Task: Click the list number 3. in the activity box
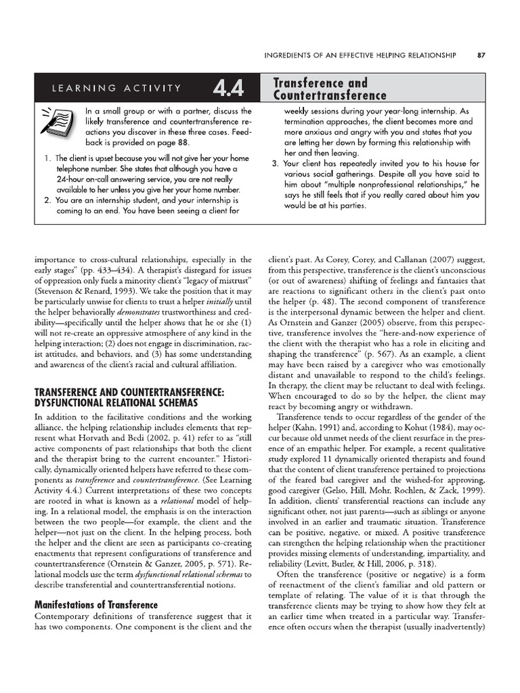point(274,164)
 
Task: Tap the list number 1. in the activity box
point(47,158)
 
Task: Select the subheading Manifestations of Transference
point(96,604)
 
